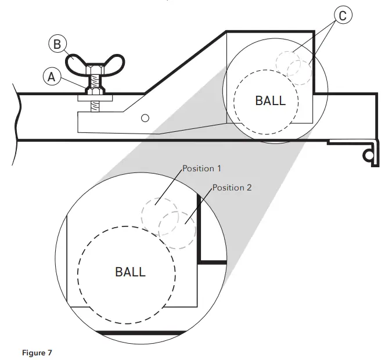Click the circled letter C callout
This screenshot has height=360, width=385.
click(x=342, y=16)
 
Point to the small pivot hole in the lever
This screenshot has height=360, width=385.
click(x=146, y=118)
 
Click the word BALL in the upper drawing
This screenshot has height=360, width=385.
click(x=271, y=100)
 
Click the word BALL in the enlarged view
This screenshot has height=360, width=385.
click(x=130, y=272)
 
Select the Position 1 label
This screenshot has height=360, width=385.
click(x=202, y=168)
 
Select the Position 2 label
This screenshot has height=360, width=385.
click(x=232, y=188)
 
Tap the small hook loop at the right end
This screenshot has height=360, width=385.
click(x=368, y=154)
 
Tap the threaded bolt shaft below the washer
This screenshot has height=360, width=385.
click(x=95, y=106)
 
